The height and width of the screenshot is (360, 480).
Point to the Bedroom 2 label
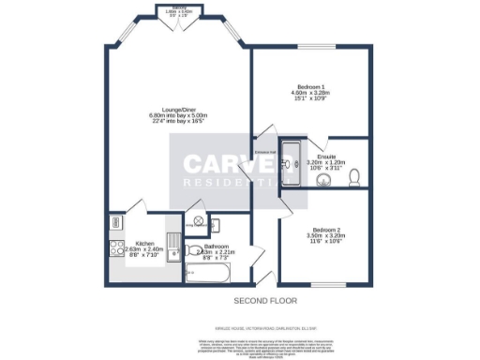tap(324, 230)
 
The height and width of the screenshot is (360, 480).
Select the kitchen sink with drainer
tap(172, 247)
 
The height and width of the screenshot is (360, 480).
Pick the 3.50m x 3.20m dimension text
tap(325, 236)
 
